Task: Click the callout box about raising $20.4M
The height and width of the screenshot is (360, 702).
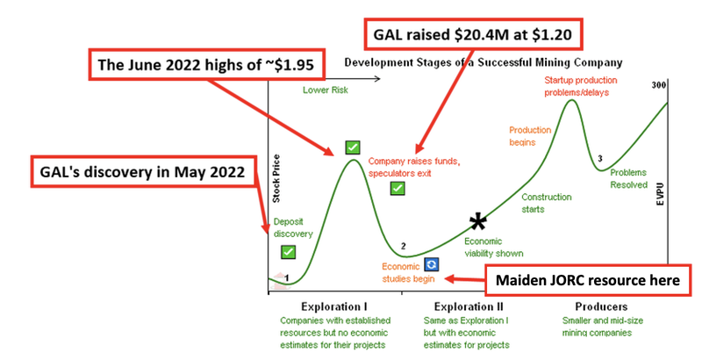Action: click(x=473, y=34)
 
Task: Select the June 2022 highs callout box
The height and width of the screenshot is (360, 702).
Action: click(x=206, y=64)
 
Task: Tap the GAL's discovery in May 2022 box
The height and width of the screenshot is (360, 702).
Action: click(x=144, y=171)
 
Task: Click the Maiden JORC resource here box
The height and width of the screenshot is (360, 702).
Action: click(x=588, y=280)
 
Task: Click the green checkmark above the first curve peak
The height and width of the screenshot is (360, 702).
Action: click(x=353, y=147)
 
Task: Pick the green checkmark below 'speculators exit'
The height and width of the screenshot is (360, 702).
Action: click(x=398, y=188)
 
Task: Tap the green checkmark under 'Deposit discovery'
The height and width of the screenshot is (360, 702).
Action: click(x=289, y=252)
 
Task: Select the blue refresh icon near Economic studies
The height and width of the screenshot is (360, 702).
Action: click(x=432, y=264)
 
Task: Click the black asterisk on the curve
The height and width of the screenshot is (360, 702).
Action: click(x=477, y=222)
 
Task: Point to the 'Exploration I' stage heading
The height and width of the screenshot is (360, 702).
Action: click(x=334, y=306)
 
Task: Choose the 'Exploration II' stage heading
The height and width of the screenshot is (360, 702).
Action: click(x=469, y=306)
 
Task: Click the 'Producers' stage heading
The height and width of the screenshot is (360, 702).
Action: click(x=601, y=306)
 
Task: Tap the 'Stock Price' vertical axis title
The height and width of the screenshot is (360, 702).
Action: click(x=276, y=178)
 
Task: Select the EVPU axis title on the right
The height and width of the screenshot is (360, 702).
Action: click(x=661, y=194)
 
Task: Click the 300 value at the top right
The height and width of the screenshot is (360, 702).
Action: click(x=659, y=85)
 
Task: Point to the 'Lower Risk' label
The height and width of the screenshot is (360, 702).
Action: click(x=326, y=90)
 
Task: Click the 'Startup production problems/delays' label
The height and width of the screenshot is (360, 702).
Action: click(x=581, y=86)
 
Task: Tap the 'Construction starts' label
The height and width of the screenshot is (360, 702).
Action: click(x=546, y=203)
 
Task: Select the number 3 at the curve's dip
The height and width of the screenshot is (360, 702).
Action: click(x=600, y=159)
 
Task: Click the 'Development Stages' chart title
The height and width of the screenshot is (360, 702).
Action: click(x=484, y=62)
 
